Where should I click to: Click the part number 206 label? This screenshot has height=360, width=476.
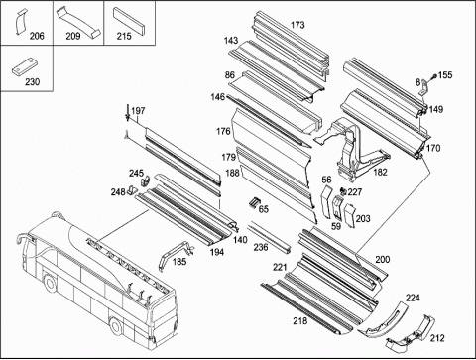[37, 36]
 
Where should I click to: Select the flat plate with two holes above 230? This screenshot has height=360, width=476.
[25, 66]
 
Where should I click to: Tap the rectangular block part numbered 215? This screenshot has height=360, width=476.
[129, 21]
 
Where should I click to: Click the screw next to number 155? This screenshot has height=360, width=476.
[433, 77]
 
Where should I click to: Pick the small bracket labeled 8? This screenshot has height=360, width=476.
[424, 87]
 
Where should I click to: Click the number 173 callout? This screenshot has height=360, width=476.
[297, 25]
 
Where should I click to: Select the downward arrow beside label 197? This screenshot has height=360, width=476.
[127, 113]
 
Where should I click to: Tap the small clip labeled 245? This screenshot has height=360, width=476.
[145, 180]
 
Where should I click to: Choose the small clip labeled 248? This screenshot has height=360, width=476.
[132, 189]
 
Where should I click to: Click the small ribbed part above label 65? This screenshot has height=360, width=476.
[255, 201]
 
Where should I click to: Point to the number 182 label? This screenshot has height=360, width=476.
[380, 172]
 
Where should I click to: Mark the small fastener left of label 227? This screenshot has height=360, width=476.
[343, 191]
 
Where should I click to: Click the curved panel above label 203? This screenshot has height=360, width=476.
[350, 215]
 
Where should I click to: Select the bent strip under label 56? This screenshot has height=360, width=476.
[326, 201]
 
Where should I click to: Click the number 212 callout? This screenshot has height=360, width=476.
[437, 338]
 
